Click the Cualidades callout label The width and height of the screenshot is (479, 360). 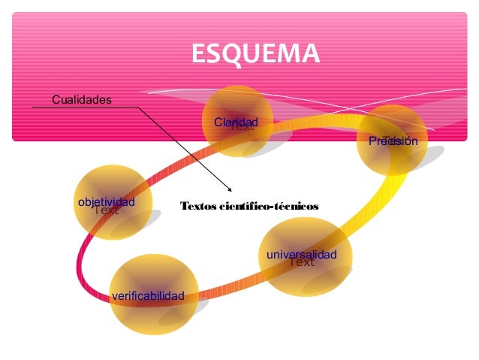pyautogui.click(x=81, y=99)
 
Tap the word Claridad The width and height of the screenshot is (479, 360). pyautogui.click(x=236, y=122)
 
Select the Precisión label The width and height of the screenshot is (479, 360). pyautogui.click(x=393, y=141)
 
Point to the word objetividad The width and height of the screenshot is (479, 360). pyautogui.click(x=106, y=202)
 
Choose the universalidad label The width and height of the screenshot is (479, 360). pyautogui.click(x=301, y=256)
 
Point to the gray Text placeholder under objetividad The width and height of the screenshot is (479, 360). pyautogui.click(x=106, y=210)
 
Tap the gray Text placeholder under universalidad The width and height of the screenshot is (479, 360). pyautogui.click(x=302, y=263)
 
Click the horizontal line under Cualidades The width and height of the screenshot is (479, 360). pyautogui.click(x=83, y=107)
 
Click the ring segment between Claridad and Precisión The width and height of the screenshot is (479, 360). pyautogui.click(x=315, y=126)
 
